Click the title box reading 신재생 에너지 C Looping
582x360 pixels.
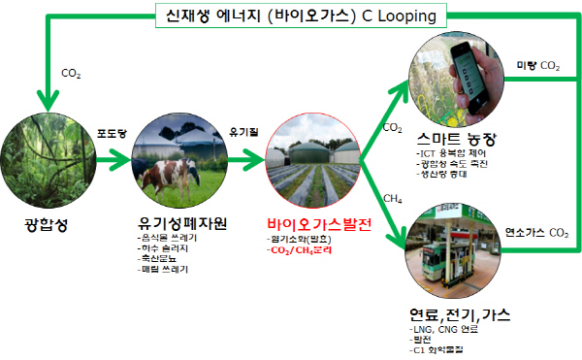click(292, 17)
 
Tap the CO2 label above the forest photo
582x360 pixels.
click(71, 73)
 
